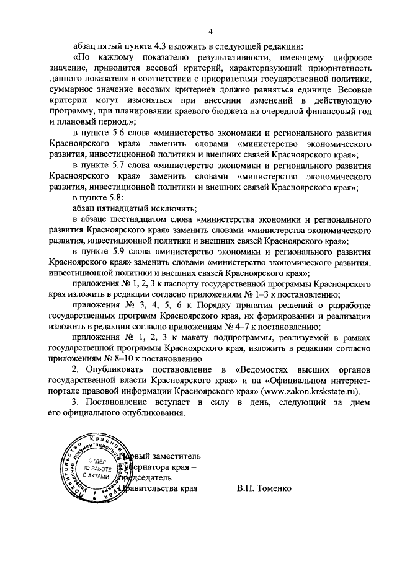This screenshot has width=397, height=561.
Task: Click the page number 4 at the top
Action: [210, 32]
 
